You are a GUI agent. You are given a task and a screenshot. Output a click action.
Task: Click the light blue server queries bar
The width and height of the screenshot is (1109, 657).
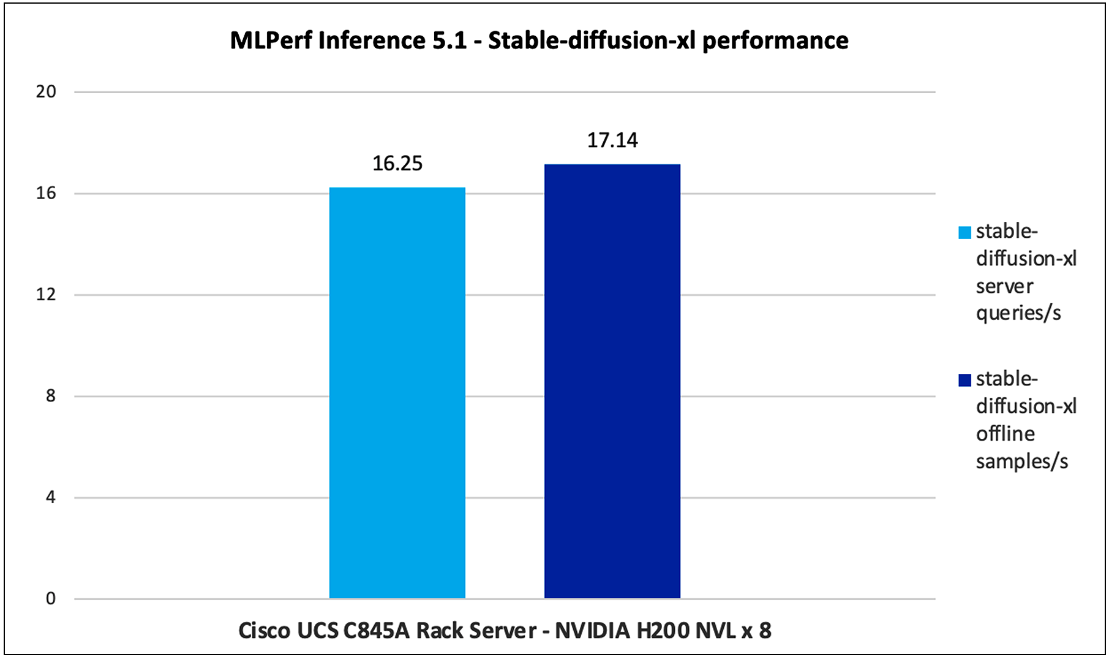[397, 392]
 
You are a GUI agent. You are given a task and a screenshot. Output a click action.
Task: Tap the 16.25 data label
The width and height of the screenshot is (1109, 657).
[397, 164]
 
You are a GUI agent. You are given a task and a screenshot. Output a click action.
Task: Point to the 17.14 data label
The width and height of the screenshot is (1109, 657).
[612, 140]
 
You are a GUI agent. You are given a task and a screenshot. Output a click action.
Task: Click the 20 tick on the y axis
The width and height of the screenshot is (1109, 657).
[46, 92]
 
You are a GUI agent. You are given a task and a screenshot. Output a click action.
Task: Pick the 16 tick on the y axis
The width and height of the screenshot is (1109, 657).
[46, 194]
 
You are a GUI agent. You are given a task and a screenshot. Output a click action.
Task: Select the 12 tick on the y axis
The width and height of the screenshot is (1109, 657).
[46, 295]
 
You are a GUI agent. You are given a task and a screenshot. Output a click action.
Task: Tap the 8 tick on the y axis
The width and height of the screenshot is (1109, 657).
[50, 396]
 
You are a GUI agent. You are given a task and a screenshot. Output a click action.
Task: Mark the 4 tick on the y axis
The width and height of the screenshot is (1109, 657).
[50, 497]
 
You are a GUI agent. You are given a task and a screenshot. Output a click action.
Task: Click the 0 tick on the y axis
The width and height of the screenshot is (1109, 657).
[50, 599]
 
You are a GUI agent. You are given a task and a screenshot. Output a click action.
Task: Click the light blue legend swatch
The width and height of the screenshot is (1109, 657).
[964, 233]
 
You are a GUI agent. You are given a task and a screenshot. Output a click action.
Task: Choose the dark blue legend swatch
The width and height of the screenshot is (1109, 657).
[964, 381]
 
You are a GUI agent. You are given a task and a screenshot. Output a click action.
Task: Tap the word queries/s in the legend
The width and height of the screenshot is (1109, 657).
[1018, 313]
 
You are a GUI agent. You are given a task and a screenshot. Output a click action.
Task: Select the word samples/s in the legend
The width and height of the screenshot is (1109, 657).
[1021, 461]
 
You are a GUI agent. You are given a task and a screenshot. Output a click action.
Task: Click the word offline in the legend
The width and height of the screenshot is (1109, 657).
[1005, 434]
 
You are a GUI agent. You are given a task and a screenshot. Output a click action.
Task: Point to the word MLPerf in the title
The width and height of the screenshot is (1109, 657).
[271, 40]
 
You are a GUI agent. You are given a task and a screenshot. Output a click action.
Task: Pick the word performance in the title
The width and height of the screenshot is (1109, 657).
[775, 40]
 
